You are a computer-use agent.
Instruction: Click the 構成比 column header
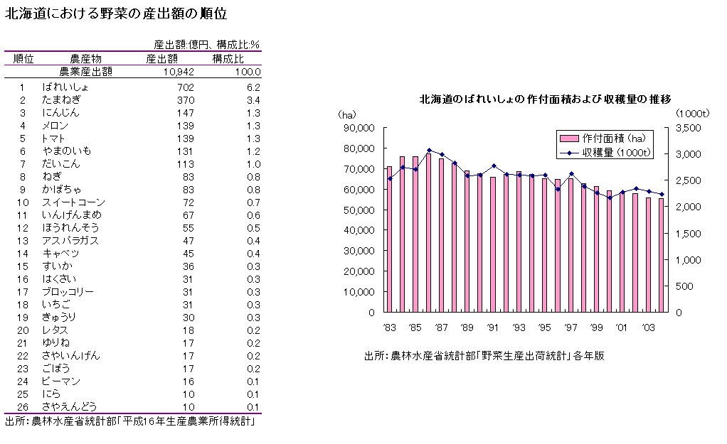click(228, 58)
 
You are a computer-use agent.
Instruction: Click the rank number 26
click(22, 406)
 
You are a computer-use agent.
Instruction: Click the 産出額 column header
click(161, 58)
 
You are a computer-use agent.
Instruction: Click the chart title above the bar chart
click(546, 99)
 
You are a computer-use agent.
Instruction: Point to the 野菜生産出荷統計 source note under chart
click(484, 355)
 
